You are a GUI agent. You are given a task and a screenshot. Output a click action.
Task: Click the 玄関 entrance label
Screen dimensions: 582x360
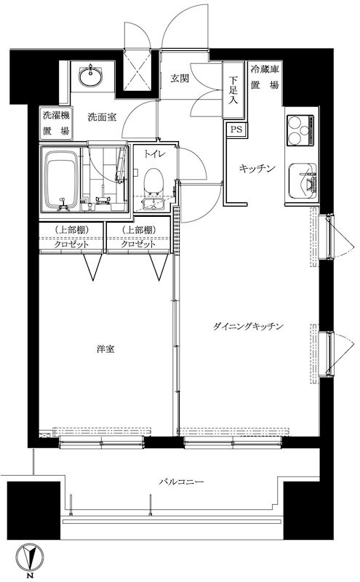(x=180, y=78)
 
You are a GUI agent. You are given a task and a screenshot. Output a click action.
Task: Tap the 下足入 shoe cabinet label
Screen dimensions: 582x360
(x=233, y=90)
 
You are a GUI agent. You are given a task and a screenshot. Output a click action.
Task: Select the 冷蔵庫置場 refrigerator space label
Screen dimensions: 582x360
(x=265, y=77)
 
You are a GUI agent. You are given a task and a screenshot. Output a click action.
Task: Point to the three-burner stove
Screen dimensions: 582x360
(x=300, y=132)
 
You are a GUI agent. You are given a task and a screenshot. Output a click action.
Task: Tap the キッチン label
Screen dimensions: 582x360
(x=258, y=169)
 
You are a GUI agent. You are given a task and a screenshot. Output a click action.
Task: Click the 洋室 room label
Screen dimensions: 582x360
(x=105, y=349)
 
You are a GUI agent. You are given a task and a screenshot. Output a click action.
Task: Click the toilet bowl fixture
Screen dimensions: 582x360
(x=153, y=181)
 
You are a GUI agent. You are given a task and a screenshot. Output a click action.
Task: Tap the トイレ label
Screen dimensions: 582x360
(x=153, y=154)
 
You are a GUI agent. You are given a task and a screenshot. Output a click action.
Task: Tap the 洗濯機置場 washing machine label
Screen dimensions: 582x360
(x=55, y=123)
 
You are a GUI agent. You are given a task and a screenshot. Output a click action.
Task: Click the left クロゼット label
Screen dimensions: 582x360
(x=72, y=245)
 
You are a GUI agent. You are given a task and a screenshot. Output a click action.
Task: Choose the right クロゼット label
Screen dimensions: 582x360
(x=139, y=245)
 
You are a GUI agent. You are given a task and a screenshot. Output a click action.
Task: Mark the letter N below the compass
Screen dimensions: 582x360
(x=30, y=576)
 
